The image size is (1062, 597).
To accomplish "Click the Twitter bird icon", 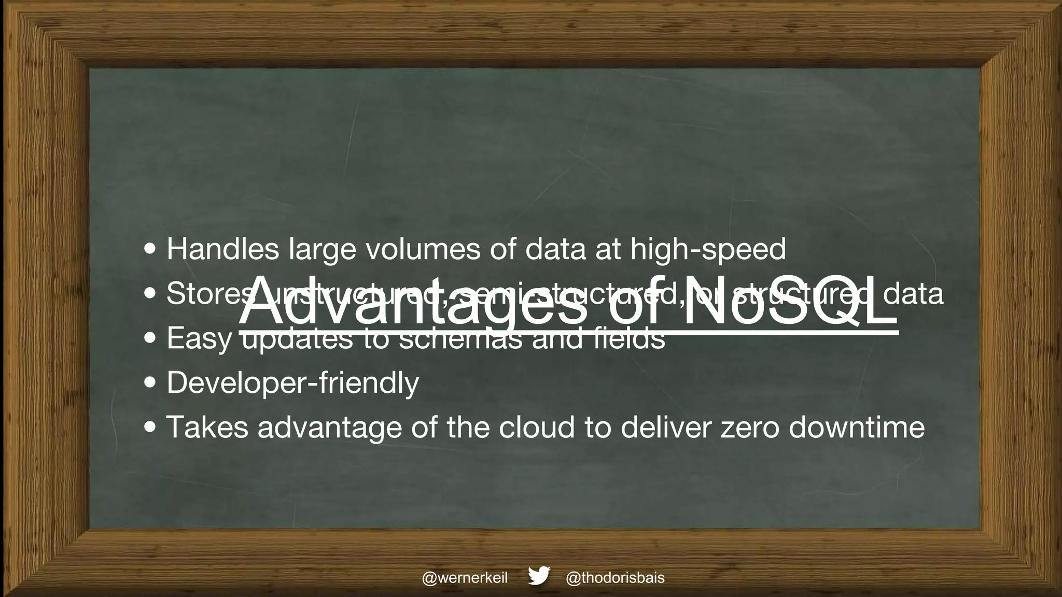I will tap(539, 576).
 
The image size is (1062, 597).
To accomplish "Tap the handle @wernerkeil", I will tap(465, 578).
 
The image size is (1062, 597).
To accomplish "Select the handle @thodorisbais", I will tap(615, 578).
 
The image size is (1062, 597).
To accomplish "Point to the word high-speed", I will tap(708, 250).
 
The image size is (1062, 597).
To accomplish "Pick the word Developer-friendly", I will tap(292, 383).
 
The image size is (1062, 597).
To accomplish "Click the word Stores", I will tap(207, 294).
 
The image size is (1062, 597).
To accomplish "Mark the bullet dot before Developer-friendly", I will tap(150, 383).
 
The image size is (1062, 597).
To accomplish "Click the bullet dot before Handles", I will tap(150, 250).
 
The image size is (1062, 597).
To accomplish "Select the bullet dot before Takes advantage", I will tap(150, 428).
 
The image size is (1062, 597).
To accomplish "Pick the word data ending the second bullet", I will tap(913, 294).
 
